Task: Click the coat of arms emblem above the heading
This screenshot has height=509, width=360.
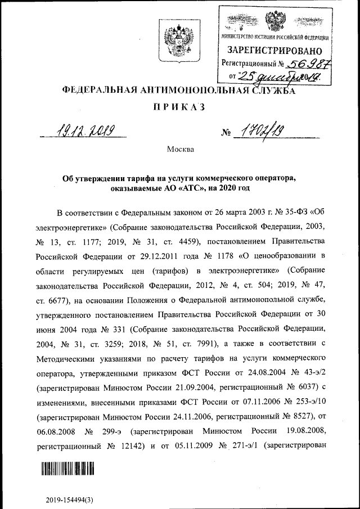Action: pyautogui.click(x=179, y=43)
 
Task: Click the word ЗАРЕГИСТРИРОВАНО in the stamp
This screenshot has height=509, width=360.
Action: pyautogui.click(x=275, y=51)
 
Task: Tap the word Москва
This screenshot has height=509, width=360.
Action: pyautogui.click(x=180, y=150)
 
